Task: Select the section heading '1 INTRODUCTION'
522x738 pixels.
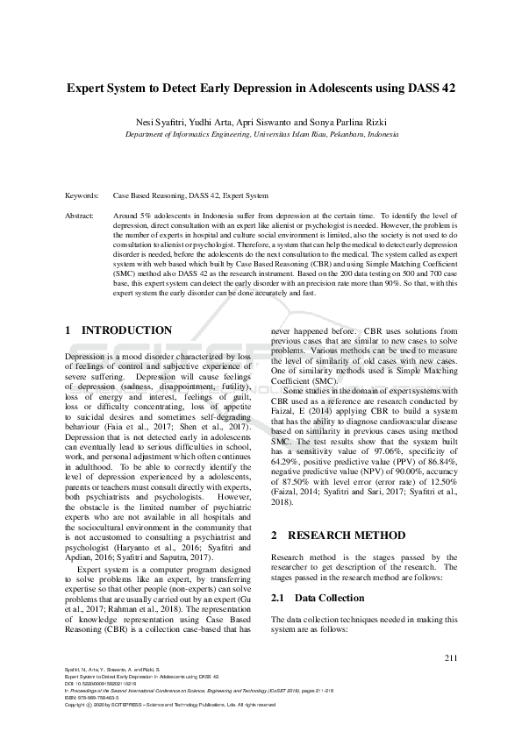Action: [119, 330]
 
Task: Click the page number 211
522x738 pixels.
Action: [451, 658]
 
